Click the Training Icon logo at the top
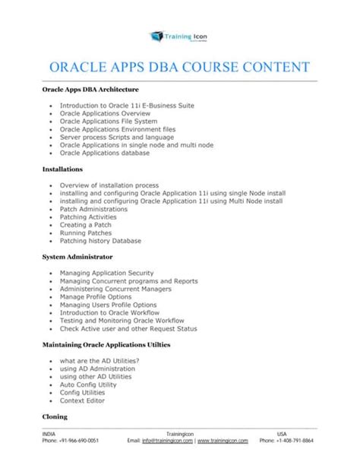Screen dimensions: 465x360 [x=179, y=36]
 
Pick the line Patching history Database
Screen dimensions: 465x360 [x=100, y=241]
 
